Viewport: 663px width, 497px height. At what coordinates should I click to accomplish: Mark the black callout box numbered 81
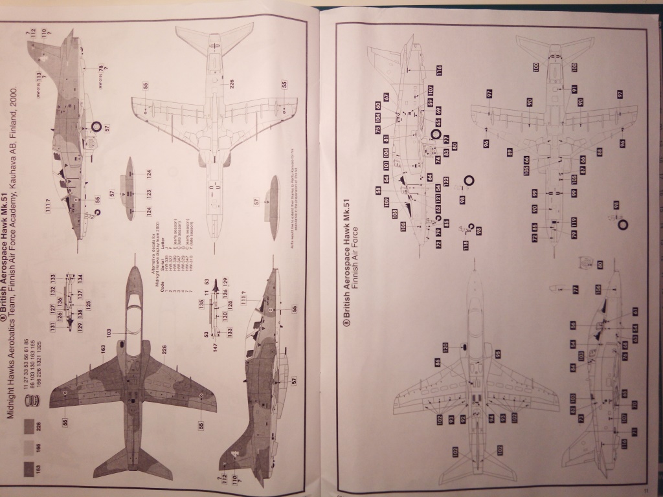point(386,138)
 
